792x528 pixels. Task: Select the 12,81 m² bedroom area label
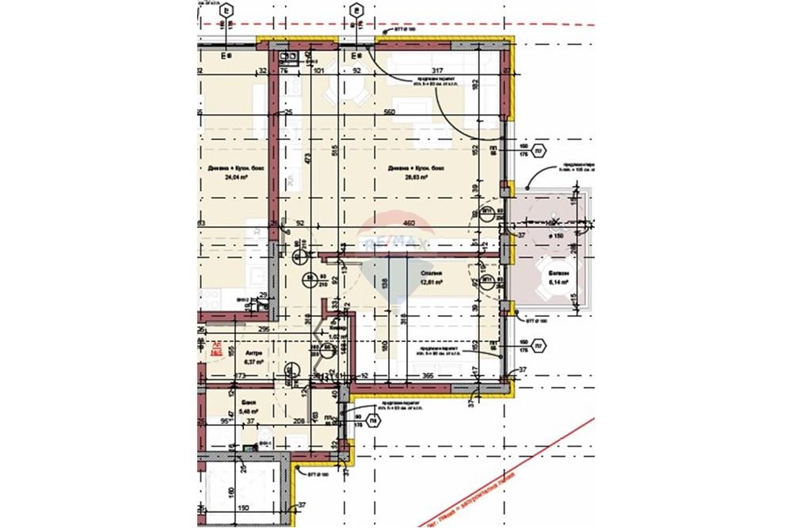(x=431, y=281)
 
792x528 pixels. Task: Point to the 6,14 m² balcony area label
(x=558, y=281)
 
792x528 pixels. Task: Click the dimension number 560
(x=388, y=112)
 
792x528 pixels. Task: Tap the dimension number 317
(x=427, y=71)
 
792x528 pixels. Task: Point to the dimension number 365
(x=428, y=375)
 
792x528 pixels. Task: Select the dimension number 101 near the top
(x=319, y=71)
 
